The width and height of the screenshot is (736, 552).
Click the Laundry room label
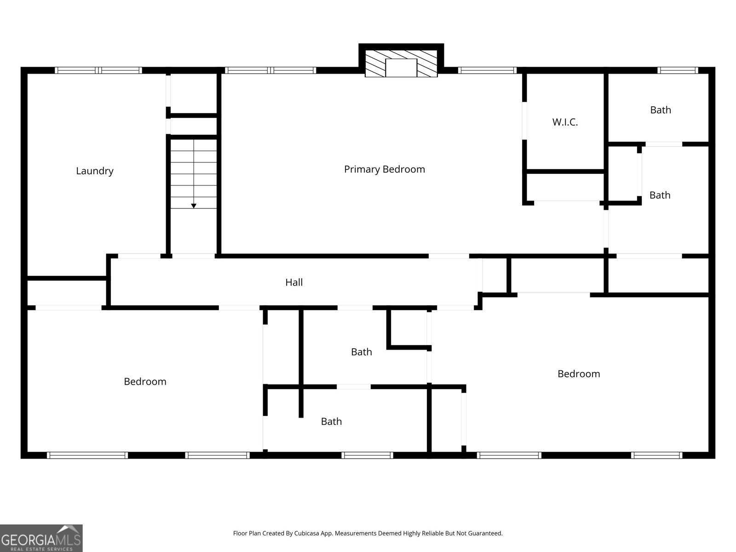[95, 171]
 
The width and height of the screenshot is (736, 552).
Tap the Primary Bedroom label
[384, 169]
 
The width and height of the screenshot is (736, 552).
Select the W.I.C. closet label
[565, 122]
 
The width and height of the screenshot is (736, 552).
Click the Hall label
[294, 282]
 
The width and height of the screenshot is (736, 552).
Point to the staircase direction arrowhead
[194, 206]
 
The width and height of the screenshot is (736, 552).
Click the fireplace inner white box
[401, 68]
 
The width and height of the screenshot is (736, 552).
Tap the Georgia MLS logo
[41, 538]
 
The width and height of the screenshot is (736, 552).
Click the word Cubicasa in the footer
[306, 533]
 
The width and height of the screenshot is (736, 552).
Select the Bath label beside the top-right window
[660, 110]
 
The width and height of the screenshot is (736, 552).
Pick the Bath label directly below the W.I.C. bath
[660, 195]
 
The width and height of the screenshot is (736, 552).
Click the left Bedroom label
[145, 381]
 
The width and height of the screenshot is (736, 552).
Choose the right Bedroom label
[578, 374]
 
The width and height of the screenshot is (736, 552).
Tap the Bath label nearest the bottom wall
[331, 421]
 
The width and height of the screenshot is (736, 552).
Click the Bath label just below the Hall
[361, 352]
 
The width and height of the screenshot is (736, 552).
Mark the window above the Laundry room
[98, 70]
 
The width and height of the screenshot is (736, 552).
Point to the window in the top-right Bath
[678, 70]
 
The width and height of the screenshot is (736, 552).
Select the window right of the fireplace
[488, 70]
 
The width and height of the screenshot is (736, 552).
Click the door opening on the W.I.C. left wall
[524, 121]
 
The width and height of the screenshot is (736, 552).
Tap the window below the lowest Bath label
[367, 455]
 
